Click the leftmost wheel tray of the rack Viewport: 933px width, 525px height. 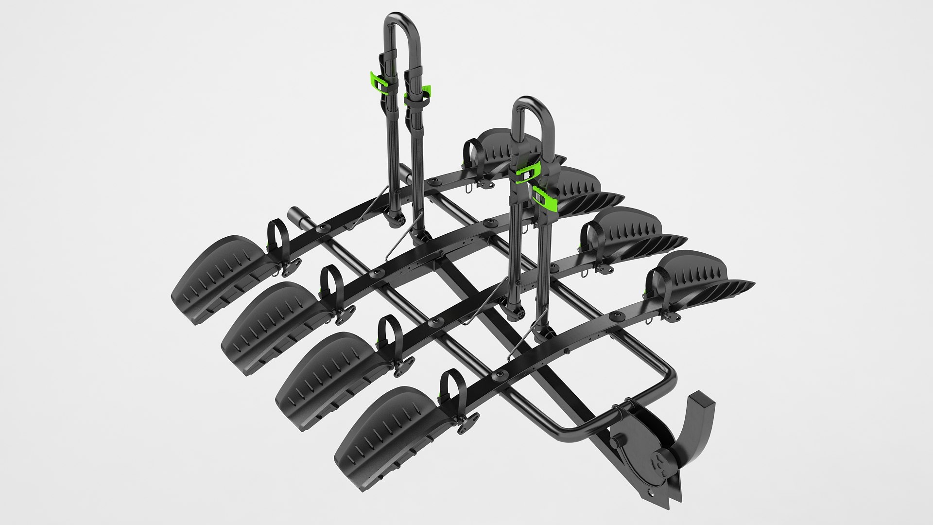pos(219,277)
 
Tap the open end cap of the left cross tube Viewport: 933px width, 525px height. pos(294,214)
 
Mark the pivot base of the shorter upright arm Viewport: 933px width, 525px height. pos(515,309)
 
